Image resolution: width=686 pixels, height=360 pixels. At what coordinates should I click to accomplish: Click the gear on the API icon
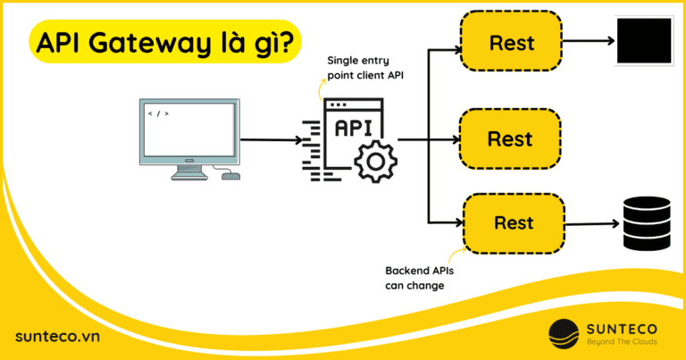[372, 160]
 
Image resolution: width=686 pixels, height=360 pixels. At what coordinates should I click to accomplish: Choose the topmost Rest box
[510, 42]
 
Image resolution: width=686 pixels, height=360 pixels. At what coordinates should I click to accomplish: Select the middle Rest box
[510, 139]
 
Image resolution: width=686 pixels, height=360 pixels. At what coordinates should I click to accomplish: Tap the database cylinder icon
[645, 223]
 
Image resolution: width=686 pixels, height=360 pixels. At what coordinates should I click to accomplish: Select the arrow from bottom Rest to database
[591, 224]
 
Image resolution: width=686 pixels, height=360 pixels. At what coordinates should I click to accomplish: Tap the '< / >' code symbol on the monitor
[158, 113]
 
